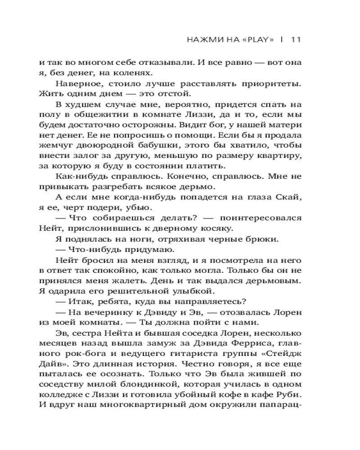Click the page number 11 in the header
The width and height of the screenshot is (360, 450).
pyautogui.click(x=296, y=39)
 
